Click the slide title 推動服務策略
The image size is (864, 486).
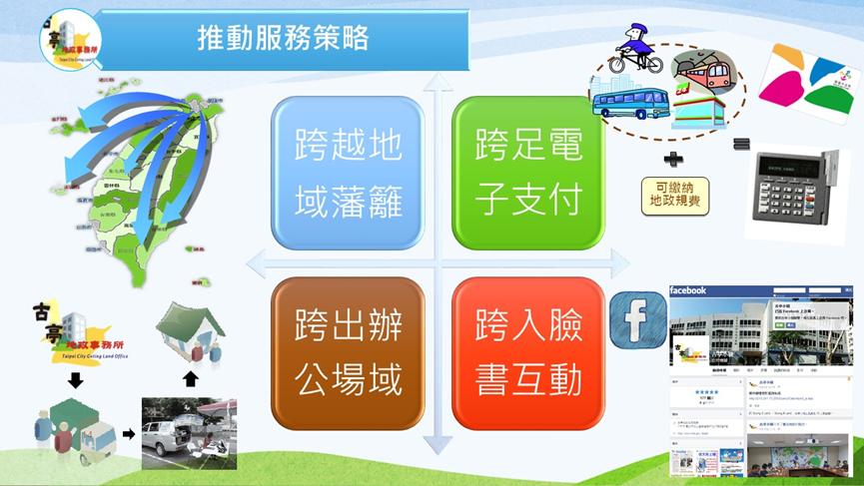tap(283, 39)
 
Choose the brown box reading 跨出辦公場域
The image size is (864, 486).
tap(348, 353)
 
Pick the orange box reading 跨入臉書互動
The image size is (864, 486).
tap(527, 353)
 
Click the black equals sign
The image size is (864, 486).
tap(741, 145)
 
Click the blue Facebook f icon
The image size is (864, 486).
tap(638, 316)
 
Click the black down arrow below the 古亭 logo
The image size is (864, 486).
tap(75, 381)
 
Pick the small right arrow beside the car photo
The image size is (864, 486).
tap(129, 434)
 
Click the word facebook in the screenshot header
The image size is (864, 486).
tap(689, 290)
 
